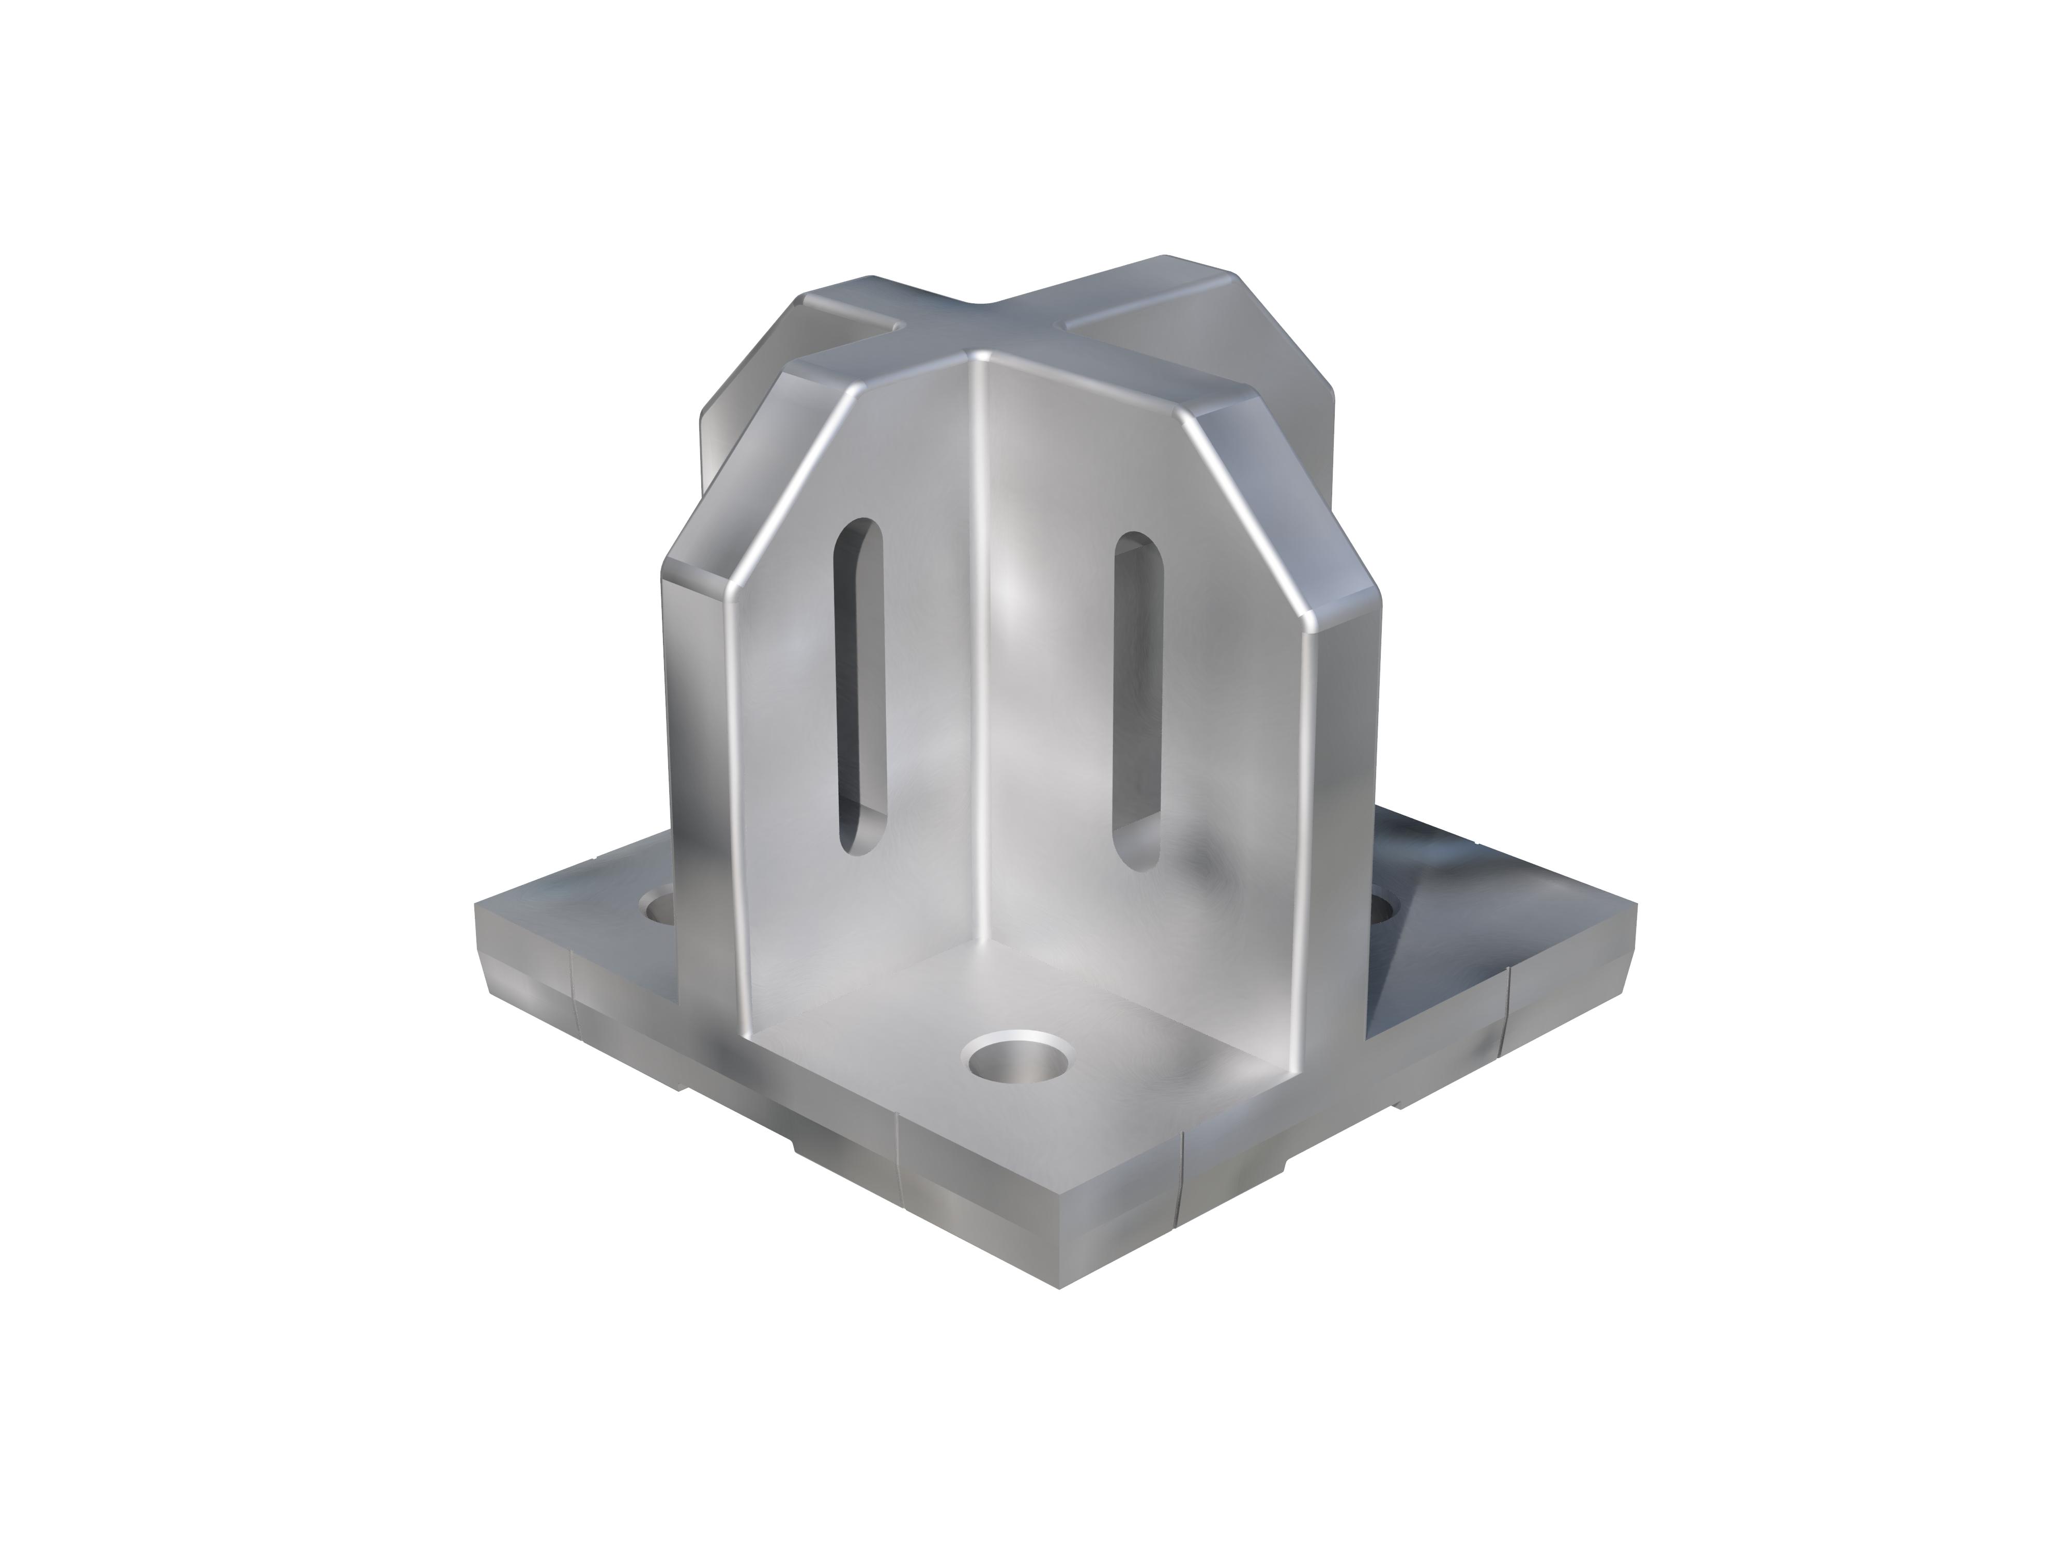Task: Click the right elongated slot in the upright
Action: (1136, 701)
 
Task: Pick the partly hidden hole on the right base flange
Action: (1385, 906)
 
